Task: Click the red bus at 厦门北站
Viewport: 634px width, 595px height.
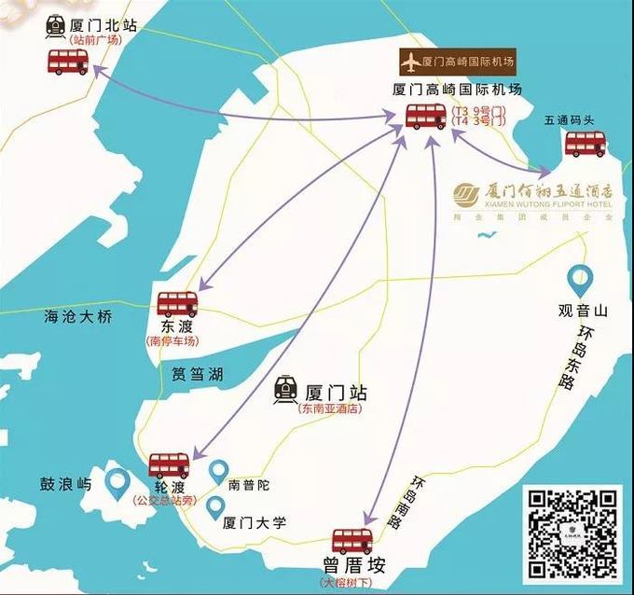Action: click(x=68, y=62)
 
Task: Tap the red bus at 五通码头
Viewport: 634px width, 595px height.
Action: click(x=586, y=143)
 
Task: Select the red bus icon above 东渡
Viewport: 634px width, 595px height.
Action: click(x=177, y=304)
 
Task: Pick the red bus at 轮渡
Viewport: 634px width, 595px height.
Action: click(x=170, y=464)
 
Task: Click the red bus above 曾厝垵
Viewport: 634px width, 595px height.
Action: click(x=352, y=541)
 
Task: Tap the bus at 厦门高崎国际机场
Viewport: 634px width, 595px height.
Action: click(x=426, y=118)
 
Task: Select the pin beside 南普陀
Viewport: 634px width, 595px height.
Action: click(x=218, y=472)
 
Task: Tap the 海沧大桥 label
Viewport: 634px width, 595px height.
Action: click(x=78, y=317)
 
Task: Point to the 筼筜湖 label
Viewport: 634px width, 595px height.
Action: click(x=197, y=375)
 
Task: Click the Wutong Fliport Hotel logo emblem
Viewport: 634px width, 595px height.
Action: click(x=465, y=194)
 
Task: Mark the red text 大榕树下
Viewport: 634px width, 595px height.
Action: click(x=351, y=583)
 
